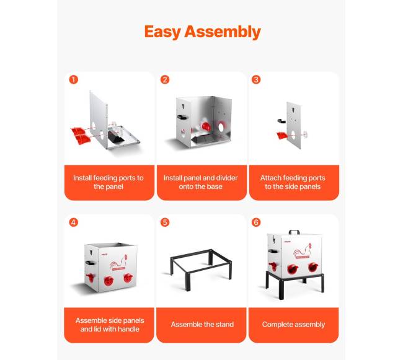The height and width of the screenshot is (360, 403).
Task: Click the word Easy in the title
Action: point(162,32)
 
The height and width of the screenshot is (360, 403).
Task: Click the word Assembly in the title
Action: point(223,32)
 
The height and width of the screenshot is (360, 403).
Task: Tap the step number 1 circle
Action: point(74,79)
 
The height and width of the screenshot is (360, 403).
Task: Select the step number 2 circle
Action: point(165,79)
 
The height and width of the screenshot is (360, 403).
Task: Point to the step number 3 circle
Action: point(256,79)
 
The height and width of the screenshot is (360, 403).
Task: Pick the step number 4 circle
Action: point(74,222)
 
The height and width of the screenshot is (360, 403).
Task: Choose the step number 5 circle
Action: point(165,222)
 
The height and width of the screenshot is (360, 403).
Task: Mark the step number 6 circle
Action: point(256,222)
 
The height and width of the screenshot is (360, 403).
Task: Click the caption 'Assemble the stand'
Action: point(202,324)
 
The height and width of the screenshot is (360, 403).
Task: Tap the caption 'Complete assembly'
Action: point(293,325)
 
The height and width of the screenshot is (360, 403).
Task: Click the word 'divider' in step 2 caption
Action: point(227,178)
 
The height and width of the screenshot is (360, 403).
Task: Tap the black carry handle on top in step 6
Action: point(294,232)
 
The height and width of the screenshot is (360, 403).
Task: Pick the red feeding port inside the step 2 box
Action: point(206,126)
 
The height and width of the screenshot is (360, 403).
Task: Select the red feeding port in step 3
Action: point(282,135)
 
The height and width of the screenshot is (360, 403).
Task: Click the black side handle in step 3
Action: point(281,120)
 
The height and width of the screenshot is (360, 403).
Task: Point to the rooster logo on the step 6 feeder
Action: point(303,251)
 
